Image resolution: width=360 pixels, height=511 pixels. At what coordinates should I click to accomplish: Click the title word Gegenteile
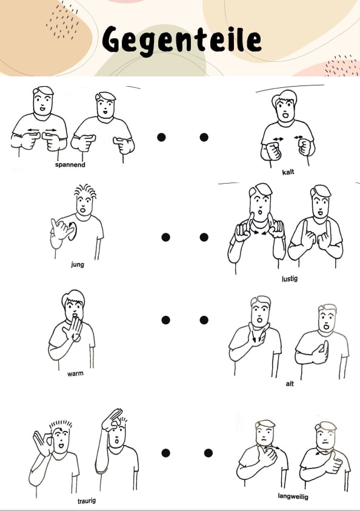[x=182, y=41]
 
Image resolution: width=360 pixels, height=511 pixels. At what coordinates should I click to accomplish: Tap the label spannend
[x=70, y=165]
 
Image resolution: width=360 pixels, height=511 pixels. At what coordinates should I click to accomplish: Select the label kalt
[x=288, y=172]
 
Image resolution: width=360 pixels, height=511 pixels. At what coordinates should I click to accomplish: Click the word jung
[x=78, y=264]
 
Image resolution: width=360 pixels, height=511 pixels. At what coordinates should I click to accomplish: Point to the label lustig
[x=290, y=279]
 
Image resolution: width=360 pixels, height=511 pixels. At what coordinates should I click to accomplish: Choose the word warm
[x=75, y=373]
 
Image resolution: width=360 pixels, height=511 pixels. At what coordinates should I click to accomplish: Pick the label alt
[x=290, y=384]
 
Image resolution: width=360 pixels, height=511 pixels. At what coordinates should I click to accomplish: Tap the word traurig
[x=87, y=501]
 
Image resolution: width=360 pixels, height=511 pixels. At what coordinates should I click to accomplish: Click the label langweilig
[x=293, y=496]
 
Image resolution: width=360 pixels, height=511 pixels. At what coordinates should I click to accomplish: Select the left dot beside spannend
[x=161, y=137]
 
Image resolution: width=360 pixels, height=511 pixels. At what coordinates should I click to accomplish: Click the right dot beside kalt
[x=204, y=137]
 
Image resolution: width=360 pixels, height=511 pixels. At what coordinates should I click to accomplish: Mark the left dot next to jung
[x=165, y=237]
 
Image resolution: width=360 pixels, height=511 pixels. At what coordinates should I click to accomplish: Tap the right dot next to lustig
[x=204, y=237]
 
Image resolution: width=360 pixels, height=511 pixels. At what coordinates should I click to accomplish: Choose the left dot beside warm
[x=165, y=320]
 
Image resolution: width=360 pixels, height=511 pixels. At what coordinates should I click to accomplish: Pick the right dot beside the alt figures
[x=204, y=320]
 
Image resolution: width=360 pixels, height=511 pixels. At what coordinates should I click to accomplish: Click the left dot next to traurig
[x=165, y=453]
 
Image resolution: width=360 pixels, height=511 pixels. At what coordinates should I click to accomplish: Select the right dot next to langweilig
[x=208, y=453]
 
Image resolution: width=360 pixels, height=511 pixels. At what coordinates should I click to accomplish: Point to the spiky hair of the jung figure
[x=85, y=190]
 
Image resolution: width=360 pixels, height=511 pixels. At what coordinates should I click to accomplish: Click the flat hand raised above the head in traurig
[x=112, y=419]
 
